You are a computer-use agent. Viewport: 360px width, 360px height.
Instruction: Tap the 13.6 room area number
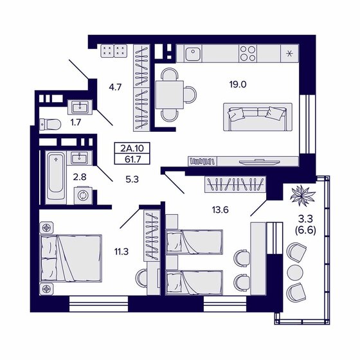click(x=220, y=210)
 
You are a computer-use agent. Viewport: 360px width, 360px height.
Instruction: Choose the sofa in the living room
click(x=254, y=116)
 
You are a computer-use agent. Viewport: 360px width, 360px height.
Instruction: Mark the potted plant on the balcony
click(x=301, y=194)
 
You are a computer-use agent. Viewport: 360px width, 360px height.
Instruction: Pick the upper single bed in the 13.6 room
click(x=192, y=242)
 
